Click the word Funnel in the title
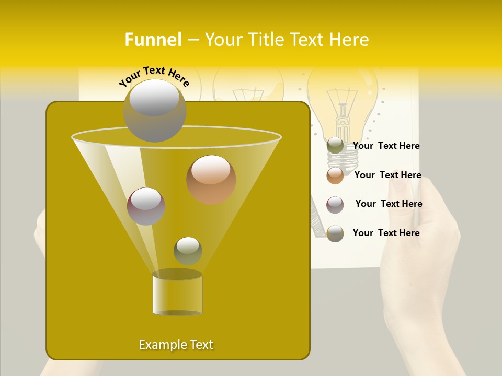click(x=153, y=40)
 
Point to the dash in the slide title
click(x=192, y=40)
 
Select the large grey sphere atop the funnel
click(x=154, y=110)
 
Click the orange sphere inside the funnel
click(x=211, y=179)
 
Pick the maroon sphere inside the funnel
click(x=146, y=206)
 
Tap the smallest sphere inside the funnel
click(x=188, y=251)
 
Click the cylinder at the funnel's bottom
click(x=177, y=293)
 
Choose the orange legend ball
click(x=335, y=175)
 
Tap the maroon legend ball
click(x=335, y=205)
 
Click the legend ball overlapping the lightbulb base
click(x=335, y=146)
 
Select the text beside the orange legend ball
click(x=387, y=175)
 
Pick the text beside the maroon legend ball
click(x=389, y=204)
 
